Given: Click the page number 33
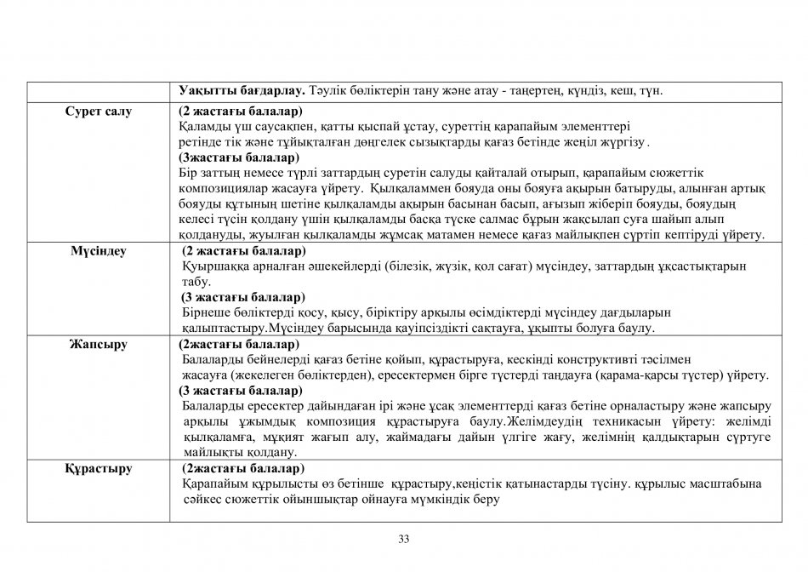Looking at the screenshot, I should pos(404,538).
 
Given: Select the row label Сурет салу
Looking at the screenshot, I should pos(99,112).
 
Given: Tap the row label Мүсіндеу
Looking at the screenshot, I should pos(98,251).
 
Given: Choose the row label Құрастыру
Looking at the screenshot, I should pos(98,468).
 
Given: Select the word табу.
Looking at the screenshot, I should pos(196,282).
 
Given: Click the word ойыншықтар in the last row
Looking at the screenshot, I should pos(305,500).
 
